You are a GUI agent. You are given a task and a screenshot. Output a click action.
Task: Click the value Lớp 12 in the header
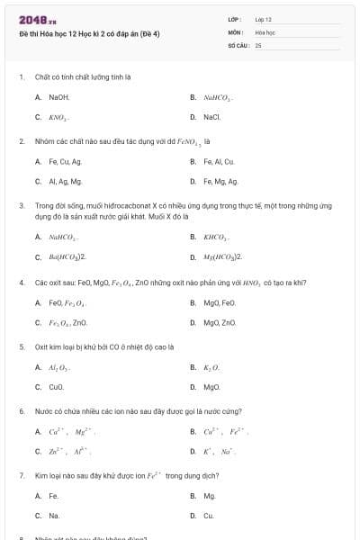263,19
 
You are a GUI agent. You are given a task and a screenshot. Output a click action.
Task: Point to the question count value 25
258,44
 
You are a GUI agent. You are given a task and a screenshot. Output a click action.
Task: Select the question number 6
21,411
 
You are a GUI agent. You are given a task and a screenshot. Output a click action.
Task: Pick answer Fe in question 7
53,496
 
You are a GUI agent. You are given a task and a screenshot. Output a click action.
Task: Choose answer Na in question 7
54,516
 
